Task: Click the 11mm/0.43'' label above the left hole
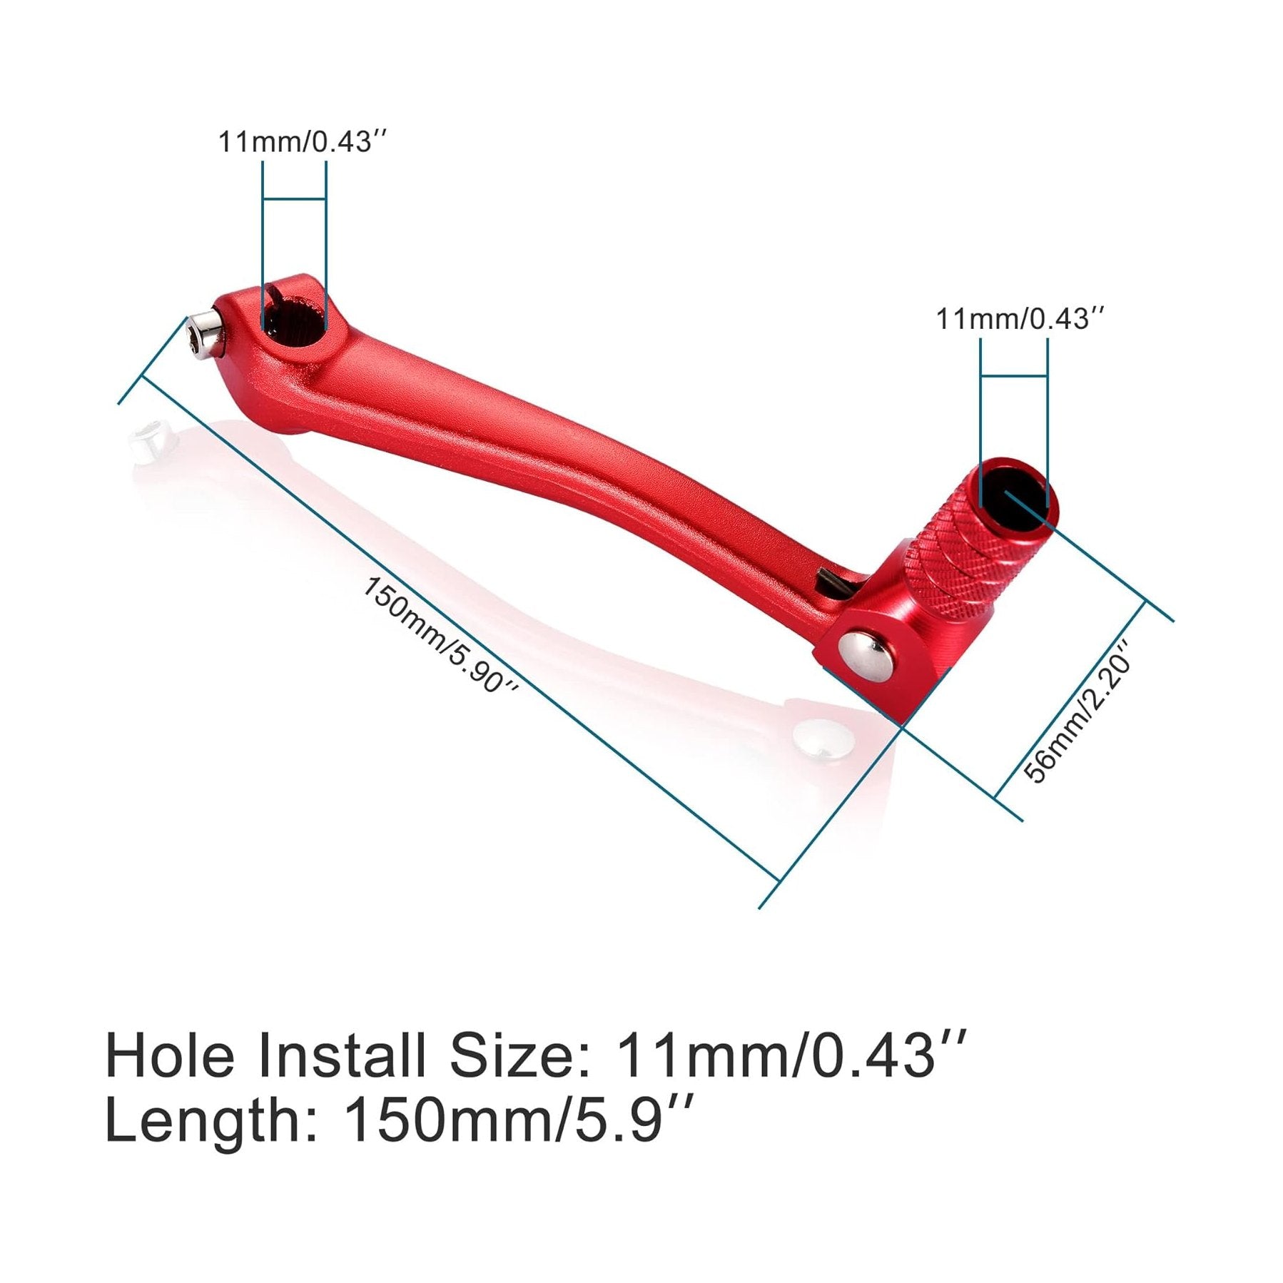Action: (305, 141)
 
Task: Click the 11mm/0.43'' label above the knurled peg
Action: (1021, 318)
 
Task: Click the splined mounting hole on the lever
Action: (294, 315)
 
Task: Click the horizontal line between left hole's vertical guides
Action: (294, 198)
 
